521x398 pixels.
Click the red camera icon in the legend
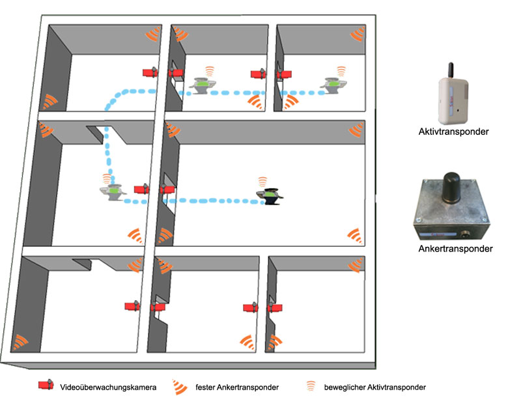tap(45, 386)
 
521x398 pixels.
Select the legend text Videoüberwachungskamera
tap(107, 387)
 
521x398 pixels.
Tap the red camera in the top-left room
tap(150, 73)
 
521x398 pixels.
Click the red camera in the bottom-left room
tap(134, 306)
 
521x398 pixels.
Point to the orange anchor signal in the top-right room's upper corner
tap(358, 34)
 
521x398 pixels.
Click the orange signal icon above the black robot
tap(262, 180)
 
